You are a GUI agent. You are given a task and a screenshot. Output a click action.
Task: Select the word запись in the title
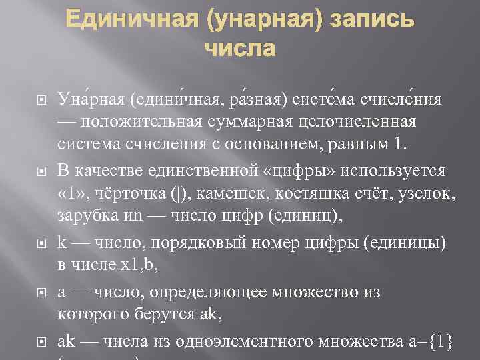(x=373, y=21)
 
